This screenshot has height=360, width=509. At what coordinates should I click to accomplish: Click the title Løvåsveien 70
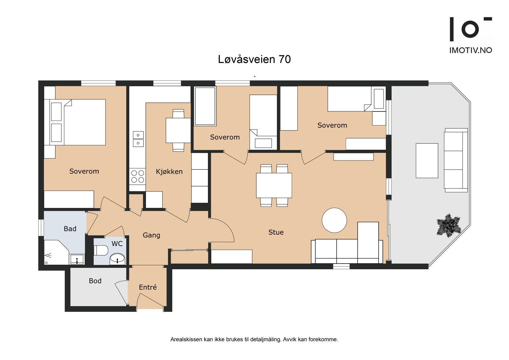pyautogui.click(x=254, y=59)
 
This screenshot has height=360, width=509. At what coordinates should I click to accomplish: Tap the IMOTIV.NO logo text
pyautogui.click(x=471, y=50)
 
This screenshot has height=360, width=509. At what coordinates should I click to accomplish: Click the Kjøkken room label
pyautogui.click(x=169, y=172)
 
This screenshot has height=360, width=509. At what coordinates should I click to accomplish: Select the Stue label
pyautogui.click(x=276, y=232)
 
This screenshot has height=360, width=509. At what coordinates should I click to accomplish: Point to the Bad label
pyautogui.click(x=70, y=229)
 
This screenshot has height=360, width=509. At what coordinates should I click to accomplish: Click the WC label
pyautogui.click(x=117, y=244)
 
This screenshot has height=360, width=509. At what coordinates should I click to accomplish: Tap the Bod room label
pyautogui.click(x=95, y=281)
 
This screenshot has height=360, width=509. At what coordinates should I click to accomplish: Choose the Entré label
pyautogui.click(x=148, y=287)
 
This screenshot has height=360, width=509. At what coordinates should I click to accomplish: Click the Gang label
pyautogui.click(x=151, y=235)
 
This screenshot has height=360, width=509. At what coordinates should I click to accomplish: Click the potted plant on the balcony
pyautogui.click(x=449, y=225)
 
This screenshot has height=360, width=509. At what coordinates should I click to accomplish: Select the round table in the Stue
pyautogui.click(x=334, y=220)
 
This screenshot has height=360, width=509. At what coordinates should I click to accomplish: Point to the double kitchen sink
pyautogui.click(x=138, y=139)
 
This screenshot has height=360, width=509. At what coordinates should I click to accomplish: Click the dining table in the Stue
pyautogui.click(x=274, y=185)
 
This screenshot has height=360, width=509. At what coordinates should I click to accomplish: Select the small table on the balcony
pyautogui.click(x=427, y=160)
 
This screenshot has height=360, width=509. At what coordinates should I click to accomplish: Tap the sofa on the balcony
pyautogui.click(x=456, y=160)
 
